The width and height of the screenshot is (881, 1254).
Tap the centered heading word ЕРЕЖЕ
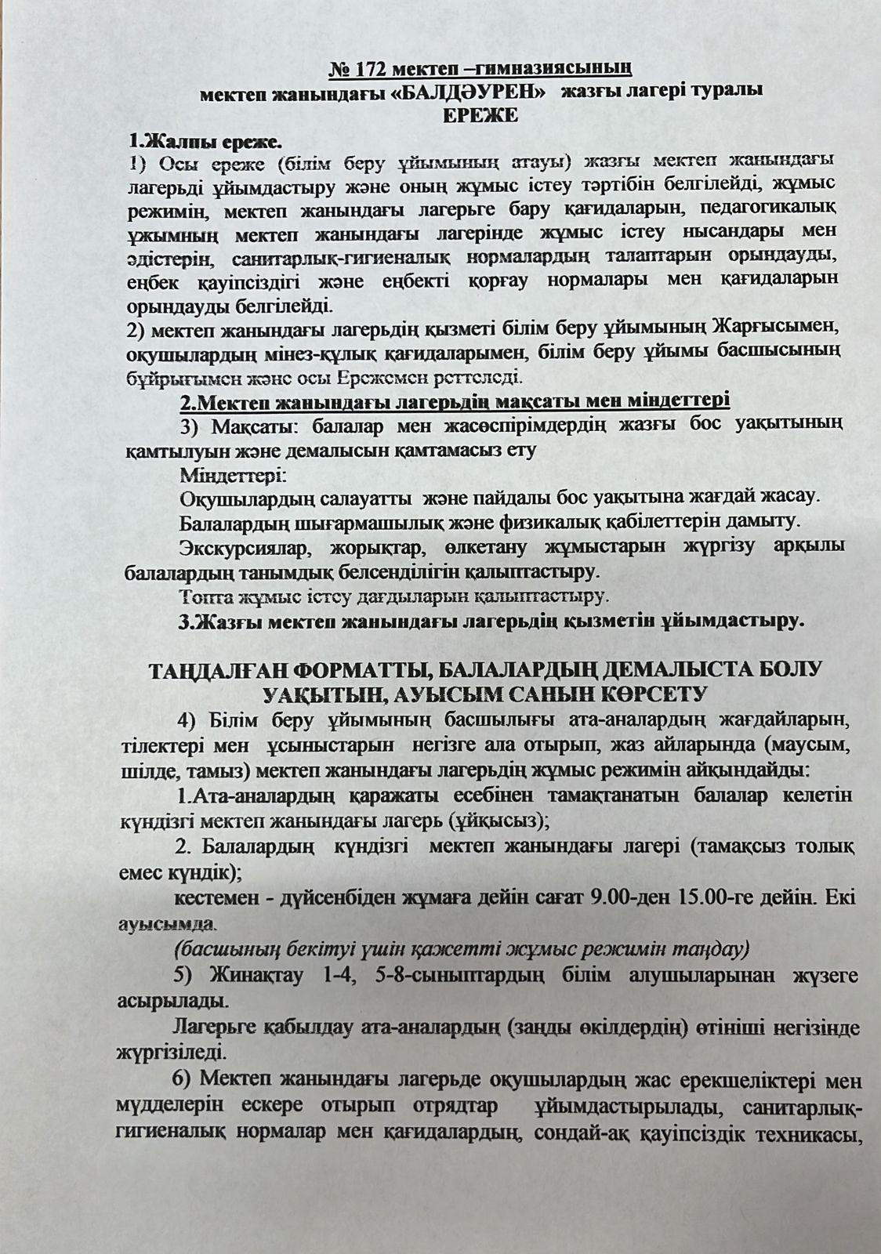tap(480, 115)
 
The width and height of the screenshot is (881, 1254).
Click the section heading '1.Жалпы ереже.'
tap(205, 142)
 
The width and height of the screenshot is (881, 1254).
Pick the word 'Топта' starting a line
tap(204, 597)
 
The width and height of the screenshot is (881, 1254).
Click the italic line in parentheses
tap(462, 949)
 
